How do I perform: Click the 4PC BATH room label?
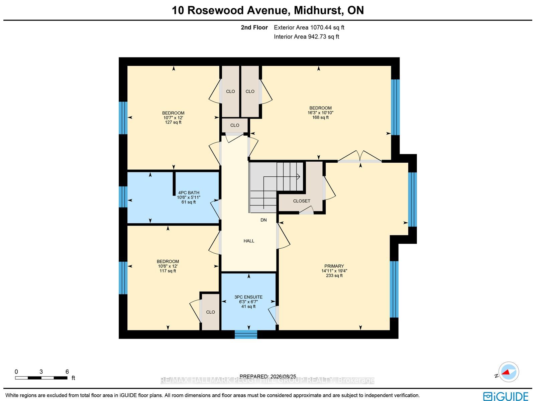pos(189,193)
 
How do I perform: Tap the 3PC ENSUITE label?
pos(248,297)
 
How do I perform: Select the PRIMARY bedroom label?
pos(334,266)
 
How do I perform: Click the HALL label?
pos(249,241)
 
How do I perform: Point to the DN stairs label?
pos(263,220)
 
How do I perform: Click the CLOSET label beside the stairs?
pos(302,201)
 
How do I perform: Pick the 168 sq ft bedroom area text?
pos(320,117)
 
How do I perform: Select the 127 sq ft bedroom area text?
pos(173,122)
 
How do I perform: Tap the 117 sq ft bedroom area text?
pos(168,271)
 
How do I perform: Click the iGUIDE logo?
pos(506,396)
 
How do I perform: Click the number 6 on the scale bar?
pos(67,372)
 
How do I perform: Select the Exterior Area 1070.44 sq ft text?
pos(309,27)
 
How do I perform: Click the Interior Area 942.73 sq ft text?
pos(306,36)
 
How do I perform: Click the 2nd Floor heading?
pos(254,27)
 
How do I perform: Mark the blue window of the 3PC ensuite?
pos(246,334)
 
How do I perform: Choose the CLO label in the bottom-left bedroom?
pos(211,312)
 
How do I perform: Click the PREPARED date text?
pos(267,376)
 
